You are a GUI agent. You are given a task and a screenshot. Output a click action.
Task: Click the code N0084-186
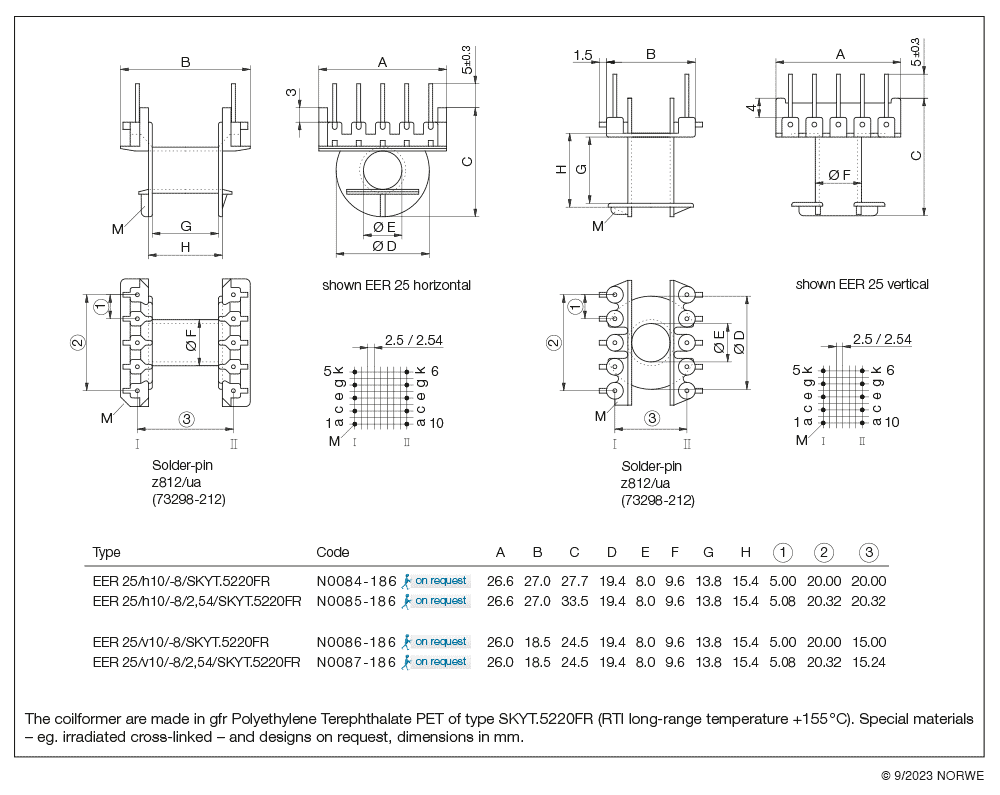click(x=356, y=581)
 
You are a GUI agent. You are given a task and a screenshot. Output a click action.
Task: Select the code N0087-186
click(x=356, y=662)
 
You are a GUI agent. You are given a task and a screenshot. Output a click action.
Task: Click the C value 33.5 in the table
click(x=574, y=601)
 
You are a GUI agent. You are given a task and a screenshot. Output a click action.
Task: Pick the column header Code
click(x=333, y=552)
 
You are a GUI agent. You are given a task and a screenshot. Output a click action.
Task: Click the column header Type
click(x=106, y=552)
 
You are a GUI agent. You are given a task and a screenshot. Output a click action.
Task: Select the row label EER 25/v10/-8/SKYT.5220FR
click(x=180, y=642)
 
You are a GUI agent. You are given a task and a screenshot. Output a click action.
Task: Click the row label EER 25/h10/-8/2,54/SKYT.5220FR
click(x=196, y=601)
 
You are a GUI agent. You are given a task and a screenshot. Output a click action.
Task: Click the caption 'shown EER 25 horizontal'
click(x=396, y=285)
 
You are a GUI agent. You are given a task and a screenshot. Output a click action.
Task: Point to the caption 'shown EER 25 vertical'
click(x=862, y=284)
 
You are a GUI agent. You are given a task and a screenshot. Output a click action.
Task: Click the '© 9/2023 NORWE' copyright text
click(x=932, y=776)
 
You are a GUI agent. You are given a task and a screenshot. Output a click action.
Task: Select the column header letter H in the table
click(x=745, y=552)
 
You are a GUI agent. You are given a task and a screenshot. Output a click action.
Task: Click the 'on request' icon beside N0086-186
click(x=435, y=642)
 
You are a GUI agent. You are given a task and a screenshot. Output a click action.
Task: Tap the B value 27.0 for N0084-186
click(x=538, y=581)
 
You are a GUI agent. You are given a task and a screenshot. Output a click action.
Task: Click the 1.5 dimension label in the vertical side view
click(x=585, y=55)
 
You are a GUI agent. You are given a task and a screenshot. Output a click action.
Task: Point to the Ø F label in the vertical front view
click(x=839, y=176)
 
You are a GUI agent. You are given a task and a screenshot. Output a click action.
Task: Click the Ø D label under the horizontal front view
click(x=384, y=246)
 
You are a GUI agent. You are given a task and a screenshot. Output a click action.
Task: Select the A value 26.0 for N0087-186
click(x=500, y=662)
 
